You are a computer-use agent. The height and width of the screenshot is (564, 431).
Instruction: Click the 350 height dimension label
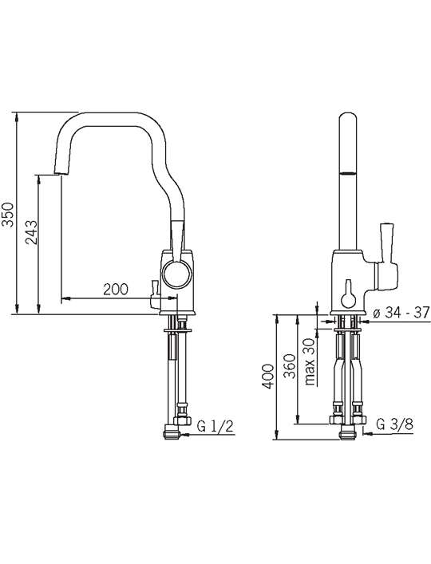coord(8,215)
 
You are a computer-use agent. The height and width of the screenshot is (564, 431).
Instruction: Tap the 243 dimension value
coord(31,232)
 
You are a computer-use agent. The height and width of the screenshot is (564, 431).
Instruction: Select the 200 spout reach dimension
coord(116,290)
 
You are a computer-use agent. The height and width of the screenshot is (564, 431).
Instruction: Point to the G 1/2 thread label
coord(215,426)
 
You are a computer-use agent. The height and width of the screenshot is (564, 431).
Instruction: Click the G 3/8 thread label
coord(394,425)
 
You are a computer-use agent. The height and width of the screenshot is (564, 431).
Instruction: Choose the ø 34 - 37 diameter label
coord(401,313)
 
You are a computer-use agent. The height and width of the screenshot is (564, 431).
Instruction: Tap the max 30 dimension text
coord(310,362)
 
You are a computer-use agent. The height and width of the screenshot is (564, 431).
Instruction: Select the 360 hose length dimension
coord(289,366)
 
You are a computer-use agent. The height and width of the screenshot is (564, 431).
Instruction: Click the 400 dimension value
coord(267,377)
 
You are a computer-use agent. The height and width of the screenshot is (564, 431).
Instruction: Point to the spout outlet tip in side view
coord(60,173)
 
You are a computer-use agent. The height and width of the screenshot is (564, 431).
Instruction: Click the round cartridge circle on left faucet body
coord(177,274)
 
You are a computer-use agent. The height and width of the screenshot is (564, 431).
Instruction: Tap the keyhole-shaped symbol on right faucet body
coord(348,294)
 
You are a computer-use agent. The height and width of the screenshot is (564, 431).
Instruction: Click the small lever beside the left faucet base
coord(155,294)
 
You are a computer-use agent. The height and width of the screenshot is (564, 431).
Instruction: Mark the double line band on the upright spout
coord(348,173)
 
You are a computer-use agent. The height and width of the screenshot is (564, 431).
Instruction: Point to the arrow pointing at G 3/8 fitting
coord(370,434)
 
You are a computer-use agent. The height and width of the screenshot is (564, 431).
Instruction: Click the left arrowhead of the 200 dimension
coord(65,298)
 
